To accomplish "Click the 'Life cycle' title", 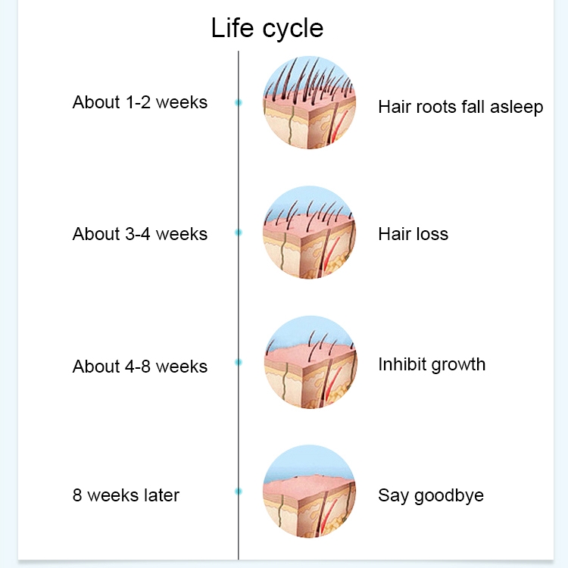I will tap(267, 28).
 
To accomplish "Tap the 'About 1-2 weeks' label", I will tap(140, 102).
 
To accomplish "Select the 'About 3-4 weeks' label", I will tap(140, 234).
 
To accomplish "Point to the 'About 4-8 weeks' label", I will tap(140, 367).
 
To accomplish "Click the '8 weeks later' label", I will tap(126, 496).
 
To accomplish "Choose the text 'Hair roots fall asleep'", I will tap(460, 107).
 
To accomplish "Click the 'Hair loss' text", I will tap(413, 234).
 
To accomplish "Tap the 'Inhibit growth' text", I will tap(432, 364).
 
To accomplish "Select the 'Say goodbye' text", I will tap(431, 496).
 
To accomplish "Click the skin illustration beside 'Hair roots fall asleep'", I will tap(309, 102).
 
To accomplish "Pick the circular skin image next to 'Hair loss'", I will tap(309, 233).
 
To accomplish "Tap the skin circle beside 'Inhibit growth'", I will tap(309, 363).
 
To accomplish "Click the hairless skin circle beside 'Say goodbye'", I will tap(309, 492).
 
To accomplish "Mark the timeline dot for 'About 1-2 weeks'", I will tap(239, 101).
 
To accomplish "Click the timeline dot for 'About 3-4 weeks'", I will tap(239, 233).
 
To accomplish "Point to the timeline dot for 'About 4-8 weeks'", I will tap(239, 362).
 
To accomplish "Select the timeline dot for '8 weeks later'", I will tap(239, 492).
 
